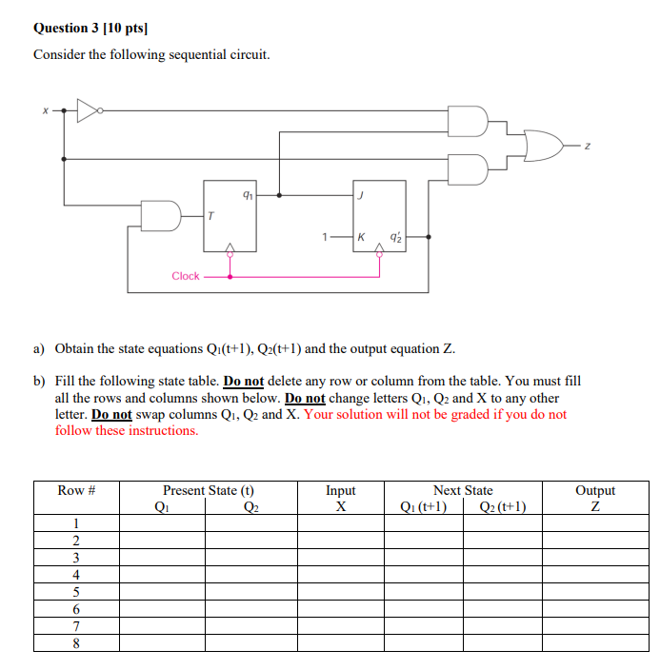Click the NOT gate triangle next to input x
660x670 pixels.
(88, 110)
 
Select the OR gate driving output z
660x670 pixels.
(542, 145)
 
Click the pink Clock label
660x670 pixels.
(186, 276)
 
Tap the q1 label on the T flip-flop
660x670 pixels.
(248, 195)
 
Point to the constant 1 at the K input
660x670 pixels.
(326, 237)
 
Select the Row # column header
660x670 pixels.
(76, 491)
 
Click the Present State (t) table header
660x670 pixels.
(209, 491)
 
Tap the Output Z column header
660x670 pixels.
(595, 499)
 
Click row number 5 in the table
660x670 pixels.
(76, 591)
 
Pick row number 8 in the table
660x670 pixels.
(76, 642)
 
